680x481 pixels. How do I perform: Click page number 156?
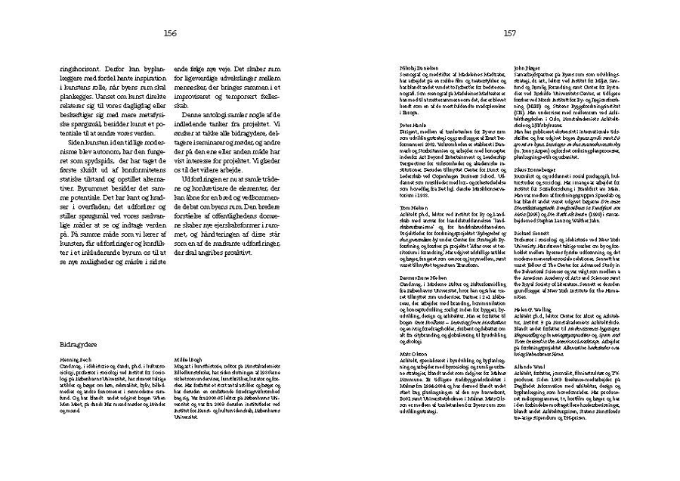170,33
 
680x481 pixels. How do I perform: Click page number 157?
509,33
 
